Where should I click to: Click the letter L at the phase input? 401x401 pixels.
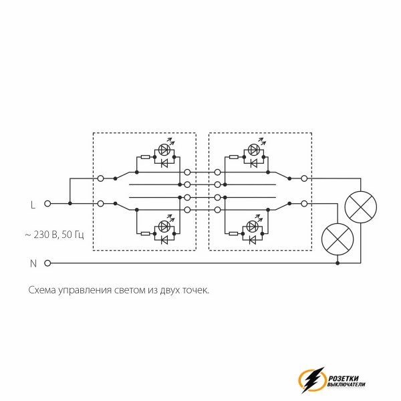(x=33, y=205)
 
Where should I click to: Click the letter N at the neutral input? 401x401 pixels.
(x=33, y=263)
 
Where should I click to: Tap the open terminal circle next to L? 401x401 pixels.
(x=47, y=204)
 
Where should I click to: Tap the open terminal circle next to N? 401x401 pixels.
(x=47, y=263)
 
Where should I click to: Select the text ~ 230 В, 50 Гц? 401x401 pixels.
(x=54, y=235)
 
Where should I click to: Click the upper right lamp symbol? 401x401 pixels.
(x=361, y=207)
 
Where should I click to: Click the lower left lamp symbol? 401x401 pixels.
(x=338, y=239)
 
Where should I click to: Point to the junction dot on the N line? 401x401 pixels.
(x=338, y=263)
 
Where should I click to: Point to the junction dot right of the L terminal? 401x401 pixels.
(x=70, y=204)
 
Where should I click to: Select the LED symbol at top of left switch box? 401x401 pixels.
(x=164, y=149)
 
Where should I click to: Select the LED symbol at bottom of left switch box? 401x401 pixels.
(x=164, y=226)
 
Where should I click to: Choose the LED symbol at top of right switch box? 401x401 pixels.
(x=254, y=149)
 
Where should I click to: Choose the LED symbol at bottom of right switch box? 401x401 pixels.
(x=252, y=226)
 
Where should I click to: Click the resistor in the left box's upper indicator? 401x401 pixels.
(x=145, y=157)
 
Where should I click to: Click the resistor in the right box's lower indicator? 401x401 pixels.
(x=234, y=233)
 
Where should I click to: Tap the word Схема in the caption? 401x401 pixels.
(x=42, y=290)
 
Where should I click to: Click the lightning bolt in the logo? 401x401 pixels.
(x=313, y=380)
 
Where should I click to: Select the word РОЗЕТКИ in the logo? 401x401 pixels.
(x=344, y=378)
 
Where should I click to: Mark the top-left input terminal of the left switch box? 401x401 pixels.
(x=100, y=178)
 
